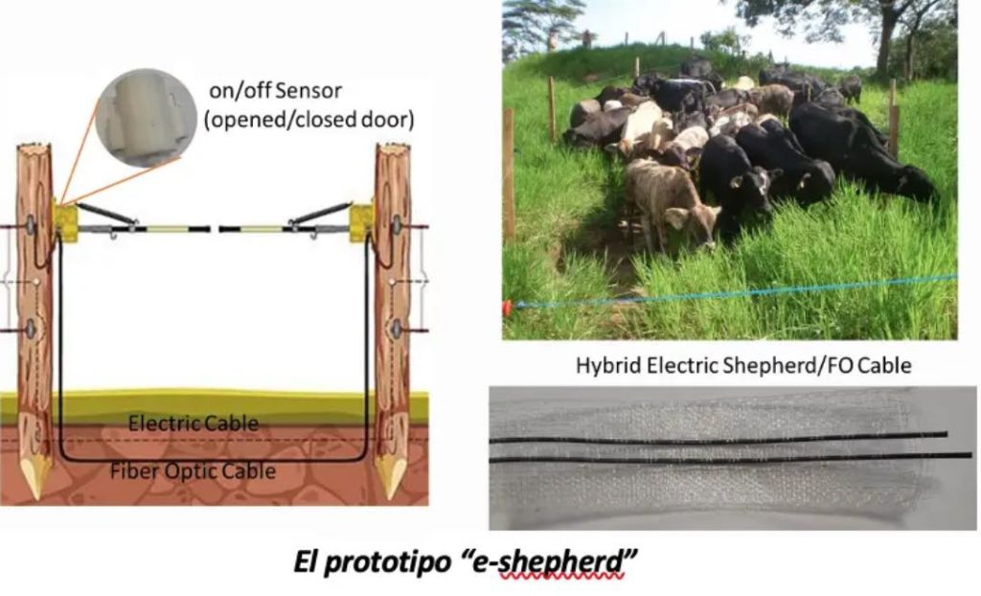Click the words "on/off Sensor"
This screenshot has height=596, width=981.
pos(276,93)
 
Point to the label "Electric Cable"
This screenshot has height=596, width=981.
pos(194,423)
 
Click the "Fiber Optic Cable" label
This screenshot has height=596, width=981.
pos(193,470)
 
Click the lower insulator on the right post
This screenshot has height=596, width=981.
pos(396,329)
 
